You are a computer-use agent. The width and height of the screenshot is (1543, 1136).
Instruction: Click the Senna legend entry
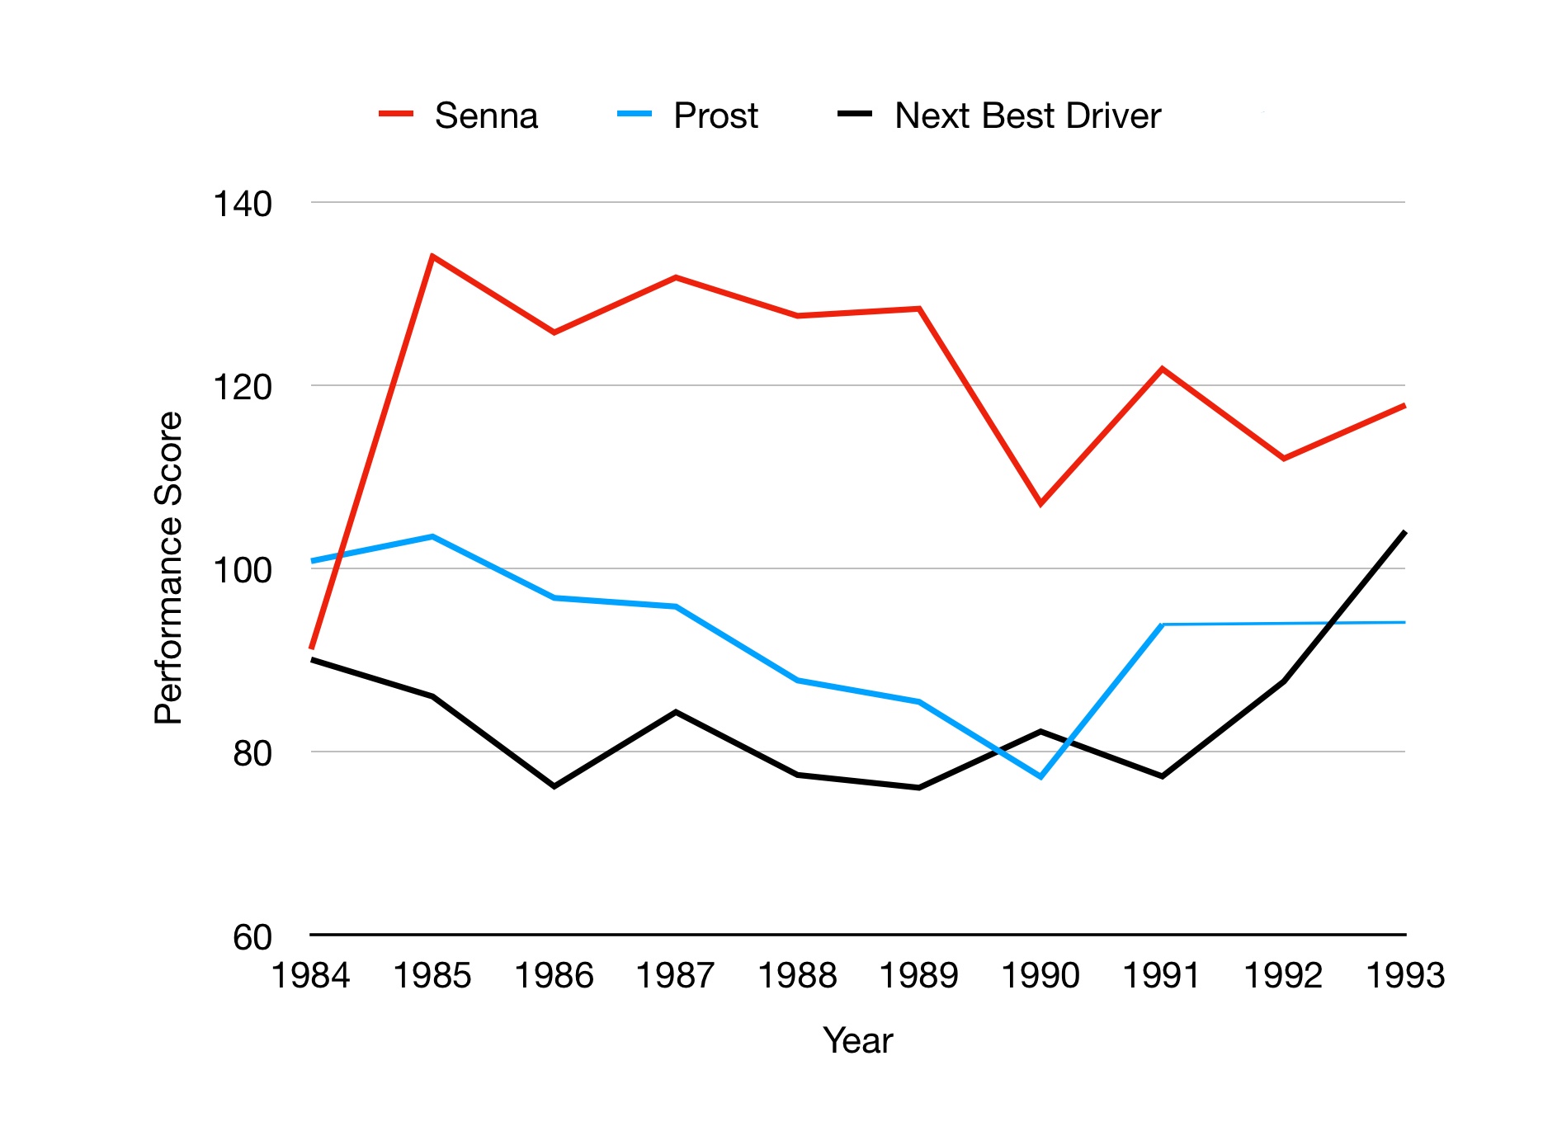[x=486, y=115]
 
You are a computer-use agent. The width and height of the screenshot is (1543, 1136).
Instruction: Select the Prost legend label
[x=715, y=115]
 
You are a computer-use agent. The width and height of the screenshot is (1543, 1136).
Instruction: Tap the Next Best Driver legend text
[x=1027, y=115]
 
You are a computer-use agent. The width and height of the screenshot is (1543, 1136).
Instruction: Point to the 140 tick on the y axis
[x=243, y=204]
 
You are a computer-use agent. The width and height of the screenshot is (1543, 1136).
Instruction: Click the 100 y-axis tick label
[x=243, y=570]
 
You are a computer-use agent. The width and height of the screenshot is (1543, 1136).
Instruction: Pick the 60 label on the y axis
[x=252, y=937]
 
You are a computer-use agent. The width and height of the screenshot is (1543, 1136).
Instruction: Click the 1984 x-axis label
[x=311, y=976]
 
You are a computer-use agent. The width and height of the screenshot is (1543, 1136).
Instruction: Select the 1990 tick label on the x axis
[x=1040, y=976]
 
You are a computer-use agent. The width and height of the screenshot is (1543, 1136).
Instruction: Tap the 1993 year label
[x=1405, y=976]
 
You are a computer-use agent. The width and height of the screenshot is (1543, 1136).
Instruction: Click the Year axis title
[x=857, y=1040]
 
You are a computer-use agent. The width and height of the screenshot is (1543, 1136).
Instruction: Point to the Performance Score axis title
[x=168, y=568]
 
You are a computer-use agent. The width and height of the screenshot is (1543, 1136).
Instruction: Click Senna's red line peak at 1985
[x=432, y=257]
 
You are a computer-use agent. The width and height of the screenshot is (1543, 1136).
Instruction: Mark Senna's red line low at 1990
[x=1040, y=503]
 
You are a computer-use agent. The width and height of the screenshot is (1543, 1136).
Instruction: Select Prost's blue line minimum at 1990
[x=1041, y=776]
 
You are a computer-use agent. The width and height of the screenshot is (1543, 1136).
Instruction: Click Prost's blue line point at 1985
[x=432, y=536]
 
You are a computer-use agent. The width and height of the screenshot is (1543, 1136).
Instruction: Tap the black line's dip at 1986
[x=554, y=786]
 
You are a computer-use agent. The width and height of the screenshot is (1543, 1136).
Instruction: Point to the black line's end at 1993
[x=1404, y=532]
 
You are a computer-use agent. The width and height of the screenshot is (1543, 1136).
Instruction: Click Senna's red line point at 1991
[x=1162, y=369]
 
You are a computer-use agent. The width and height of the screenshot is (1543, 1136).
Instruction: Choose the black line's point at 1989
[x=919, y=788]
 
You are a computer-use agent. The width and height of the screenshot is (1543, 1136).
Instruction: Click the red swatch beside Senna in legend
[x=396, y=115]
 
